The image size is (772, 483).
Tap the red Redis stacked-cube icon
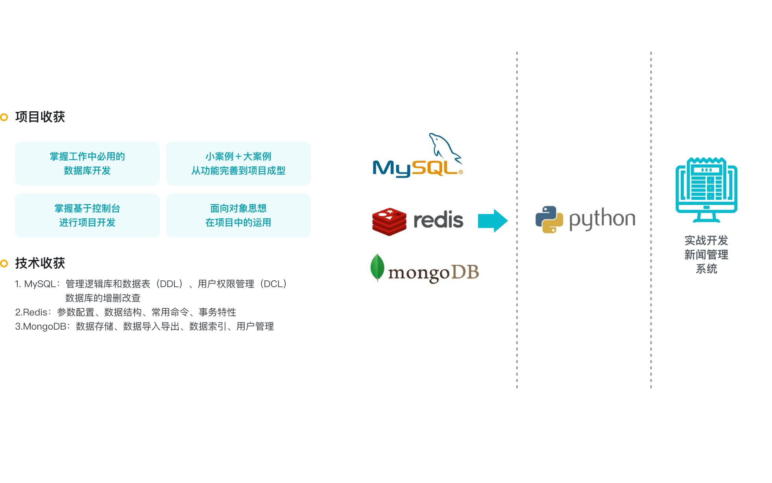tap(389, 221)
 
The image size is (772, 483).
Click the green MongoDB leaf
tap(377, 267)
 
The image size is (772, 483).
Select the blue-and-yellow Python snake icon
tap(549, 219)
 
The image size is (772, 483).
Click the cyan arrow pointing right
tap(492, 221)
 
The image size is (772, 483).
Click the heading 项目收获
tap(40, 117)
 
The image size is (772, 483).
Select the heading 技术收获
tap(40, 263)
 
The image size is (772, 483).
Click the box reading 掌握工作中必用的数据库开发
tap(87, 164)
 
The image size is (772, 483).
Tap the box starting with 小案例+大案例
tap(238, 164)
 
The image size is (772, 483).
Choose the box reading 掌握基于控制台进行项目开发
tap(87, 216)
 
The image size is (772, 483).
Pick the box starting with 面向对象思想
tap(238, 216)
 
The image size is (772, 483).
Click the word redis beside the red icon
tap(438, 220)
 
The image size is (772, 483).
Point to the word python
tap(602, 219)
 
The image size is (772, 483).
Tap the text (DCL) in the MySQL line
tap(275, 284)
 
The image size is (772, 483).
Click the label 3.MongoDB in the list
tap(41, 326)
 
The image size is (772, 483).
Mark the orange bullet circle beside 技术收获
tap(4, 263)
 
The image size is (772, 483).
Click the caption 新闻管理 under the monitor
tap(706, 255)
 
